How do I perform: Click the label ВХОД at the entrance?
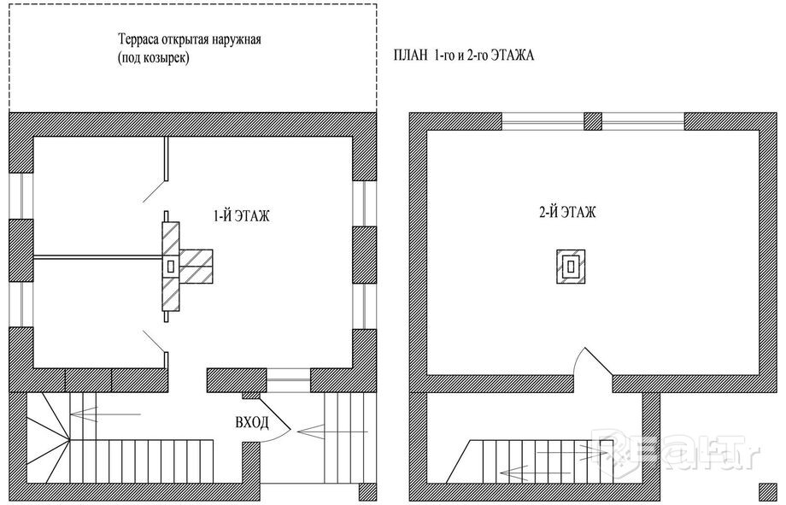point(252,423)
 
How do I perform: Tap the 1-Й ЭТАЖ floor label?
point(242,216)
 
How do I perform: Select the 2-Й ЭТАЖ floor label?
point(568,212)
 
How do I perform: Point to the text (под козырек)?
point(154,58)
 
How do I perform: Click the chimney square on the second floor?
point(571,267)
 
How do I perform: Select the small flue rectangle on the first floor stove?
point(171,267)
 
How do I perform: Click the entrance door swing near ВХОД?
point(275,419)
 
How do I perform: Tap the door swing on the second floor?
point(594,360)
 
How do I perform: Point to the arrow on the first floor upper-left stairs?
point(105,414)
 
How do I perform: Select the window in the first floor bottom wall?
point(288,380)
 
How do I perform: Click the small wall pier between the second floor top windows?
point(593,121)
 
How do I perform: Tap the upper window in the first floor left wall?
point(21,196)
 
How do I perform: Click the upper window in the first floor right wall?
point(365,203)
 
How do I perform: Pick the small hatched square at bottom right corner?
point(767,492)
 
